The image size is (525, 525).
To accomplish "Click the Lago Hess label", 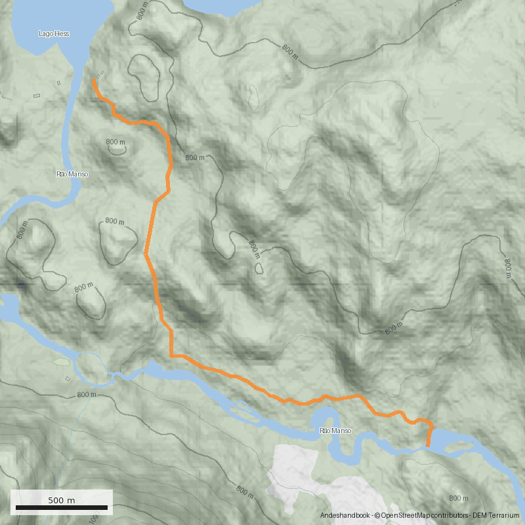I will coord(54,33).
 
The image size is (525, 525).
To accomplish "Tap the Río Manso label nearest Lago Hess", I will coord(72,174).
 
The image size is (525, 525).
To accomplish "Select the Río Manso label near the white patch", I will coord(335,430).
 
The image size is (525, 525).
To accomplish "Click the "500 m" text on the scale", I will coord(62,500).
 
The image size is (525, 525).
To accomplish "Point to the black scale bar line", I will coord(62,508).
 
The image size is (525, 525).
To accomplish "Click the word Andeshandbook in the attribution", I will coord(345,516).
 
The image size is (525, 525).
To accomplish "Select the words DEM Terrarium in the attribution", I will coord(499,516).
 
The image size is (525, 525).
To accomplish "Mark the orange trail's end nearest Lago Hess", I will coord(93,81).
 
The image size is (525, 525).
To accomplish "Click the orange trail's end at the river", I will coord(429,446).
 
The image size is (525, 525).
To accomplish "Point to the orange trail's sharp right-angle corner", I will coord(172,356).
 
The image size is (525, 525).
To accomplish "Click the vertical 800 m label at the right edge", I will coord(507,268).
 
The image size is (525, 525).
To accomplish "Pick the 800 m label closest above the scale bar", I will coord(87,395).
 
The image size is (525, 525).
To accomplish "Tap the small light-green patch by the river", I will coord(61,362).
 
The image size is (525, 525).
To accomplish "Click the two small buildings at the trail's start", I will coord(100,74).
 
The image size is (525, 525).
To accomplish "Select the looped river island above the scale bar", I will coord(92,367).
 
